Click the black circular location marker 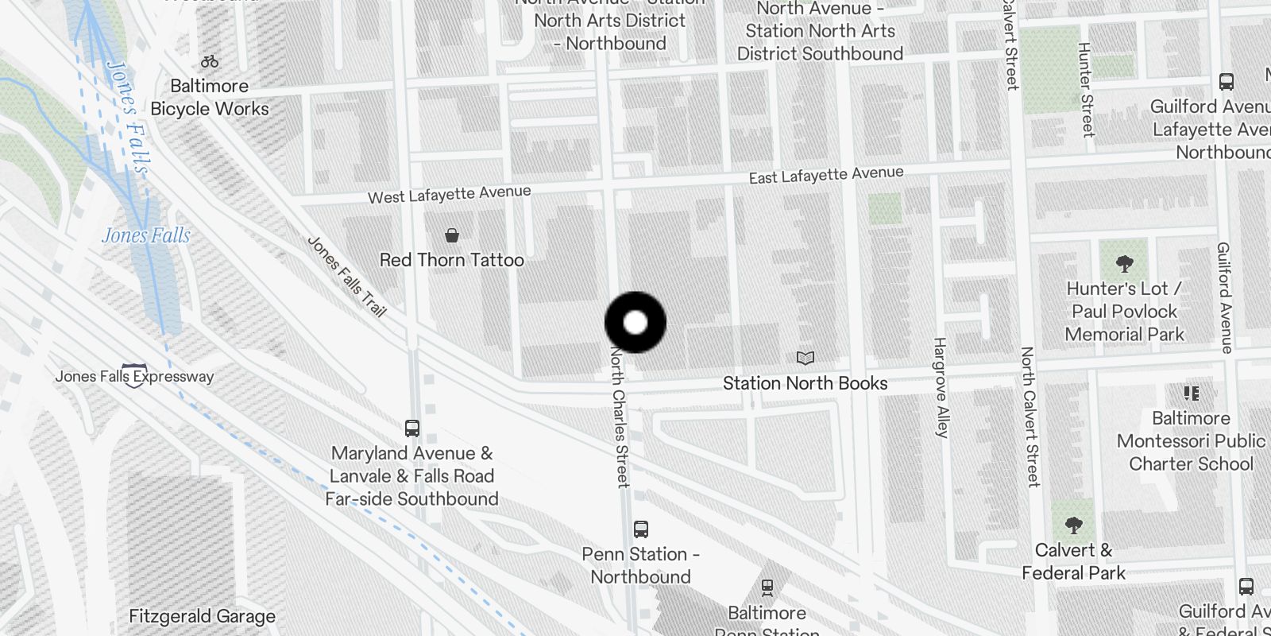click(635, 322)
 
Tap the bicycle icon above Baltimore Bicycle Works click(210, 61)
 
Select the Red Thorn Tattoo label click(451, 260)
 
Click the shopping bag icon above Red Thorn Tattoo click(452, 235)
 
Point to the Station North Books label click(805, 383)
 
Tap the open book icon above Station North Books click(805, 359)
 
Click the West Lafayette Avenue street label click(449, 194)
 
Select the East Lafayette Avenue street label click(826, 175)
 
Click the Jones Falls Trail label click(346, 277)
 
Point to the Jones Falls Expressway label click(134, 376)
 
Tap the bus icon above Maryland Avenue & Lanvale click(412, 429)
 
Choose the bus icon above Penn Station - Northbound click(641, 529)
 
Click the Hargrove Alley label click(941, 388)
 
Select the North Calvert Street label click(1030, 416)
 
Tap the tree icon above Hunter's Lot click(1124, 263)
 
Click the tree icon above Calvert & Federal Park click(1073, 525)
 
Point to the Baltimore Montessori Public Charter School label click(1191, 441)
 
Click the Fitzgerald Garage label click(202, 616)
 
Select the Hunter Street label click(1086, 90)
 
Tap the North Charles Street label click(619, 417)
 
